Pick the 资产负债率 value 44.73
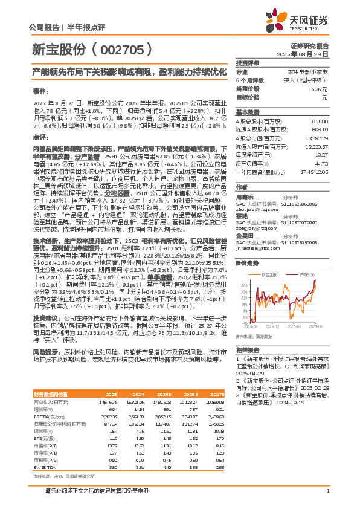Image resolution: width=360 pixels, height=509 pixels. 321,163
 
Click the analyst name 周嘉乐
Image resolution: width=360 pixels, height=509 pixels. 245,196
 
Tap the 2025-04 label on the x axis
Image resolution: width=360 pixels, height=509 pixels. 296,326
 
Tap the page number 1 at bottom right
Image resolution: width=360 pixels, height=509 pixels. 327,498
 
